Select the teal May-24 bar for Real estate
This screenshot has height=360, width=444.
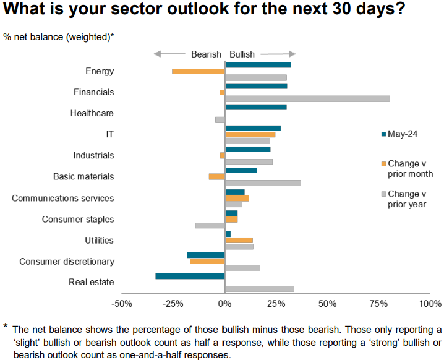(x=190, y=276)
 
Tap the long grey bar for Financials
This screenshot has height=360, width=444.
(x=307, y=98)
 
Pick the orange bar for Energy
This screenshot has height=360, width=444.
(x=198, y=71)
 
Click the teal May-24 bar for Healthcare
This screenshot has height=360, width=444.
(x=256, y=107)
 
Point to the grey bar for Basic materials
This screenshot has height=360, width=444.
(x=263, y=183)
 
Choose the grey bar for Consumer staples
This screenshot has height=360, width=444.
(x=210, y=225)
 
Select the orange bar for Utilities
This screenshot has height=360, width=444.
(x=239, y=240)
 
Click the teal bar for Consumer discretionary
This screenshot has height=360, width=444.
(x=206, y=255)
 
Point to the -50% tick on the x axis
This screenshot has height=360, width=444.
(x=122, y=304)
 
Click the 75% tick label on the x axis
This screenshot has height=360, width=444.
(x=379, y=304)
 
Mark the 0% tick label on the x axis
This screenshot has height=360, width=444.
(x=224, y=304)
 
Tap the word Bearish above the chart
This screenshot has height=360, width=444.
(x=206, y=54)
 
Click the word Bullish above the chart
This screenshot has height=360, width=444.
(x=242, y=54)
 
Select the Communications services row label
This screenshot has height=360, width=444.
(x=63, y=199)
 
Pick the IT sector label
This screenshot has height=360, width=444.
(x=109, y=134)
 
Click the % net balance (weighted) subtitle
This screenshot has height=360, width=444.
(x=58, y=37)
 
